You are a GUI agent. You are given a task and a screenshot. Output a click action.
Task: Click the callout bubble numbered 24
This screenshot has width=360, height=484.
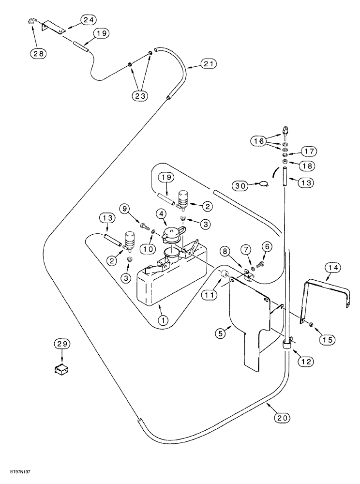(x=88, y=19)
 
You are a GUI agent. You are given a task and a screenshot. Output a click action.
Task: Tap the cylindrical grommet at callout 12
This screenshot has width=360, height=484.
(x=286, y=346)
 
